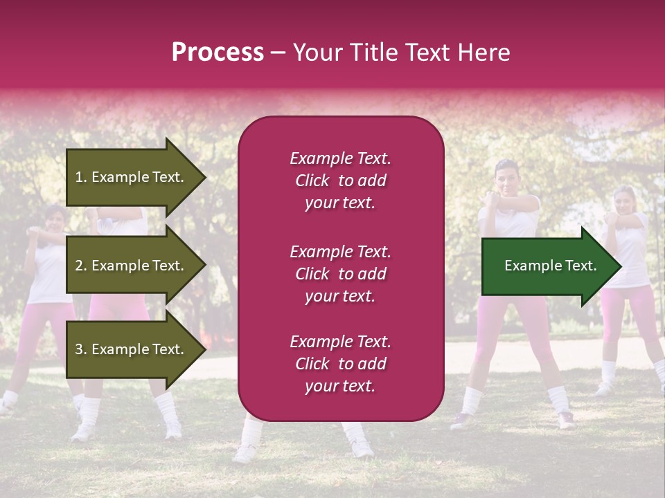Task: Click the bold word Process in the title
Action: pos(218,53)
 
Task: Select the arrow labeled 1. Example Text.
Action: pos(132,177)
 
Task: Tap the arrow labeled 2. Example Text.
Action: pos(132,266)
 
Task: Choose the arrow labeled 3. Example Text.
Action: pos(132,349)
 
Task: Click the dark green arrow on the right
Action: pos(547,266)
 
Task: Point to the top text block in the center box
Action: pos(340,181)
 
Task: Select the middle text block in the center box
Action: pos(340,274)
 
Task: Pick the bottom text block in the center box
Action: pos(340,364)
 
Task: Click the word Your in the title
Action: pos(317,53)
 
